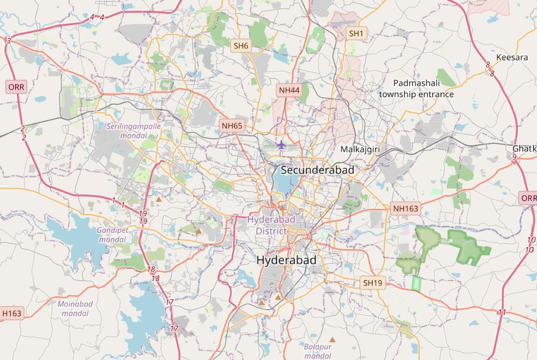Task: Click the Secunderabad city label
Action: pos(317,170)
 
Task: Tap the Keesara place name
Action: pos(512,57)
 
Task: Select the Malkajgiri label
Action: pos(360,149)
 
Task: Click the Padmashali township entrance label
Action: pos(416,89)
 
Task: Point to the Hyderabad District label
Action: pos(271,225)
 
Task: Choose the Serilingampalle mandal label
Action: pos(133,131)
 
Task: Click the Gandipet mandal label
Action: pos(112,235)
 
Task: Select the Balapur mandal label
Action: pos(318,351)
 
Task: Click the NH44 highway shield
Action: pos(289,90)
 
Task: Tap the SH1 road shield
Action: pos(356,34)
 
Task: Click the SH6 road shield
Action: pos(241,46)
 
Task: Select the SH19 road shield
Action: pos(373,283)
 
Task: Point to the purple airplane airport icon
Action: pos(281,145)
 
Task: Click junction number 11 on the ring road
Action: pos(502,313)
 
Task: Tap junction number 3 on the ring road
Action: pos(8,40)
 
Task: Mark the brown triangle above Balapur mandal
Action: pos(332,340)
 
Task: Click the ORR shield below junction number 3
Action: pos(16,87)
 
